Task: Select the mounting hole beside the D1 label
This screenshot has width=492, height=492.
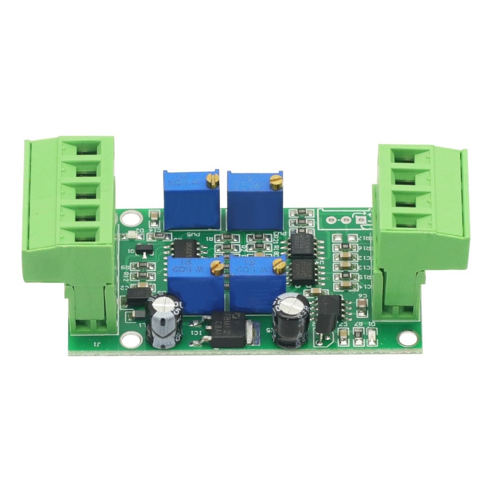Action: [x=407, y=338]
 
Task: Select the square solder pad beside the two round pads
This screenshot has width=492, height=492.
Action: [x=363, y=220]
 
